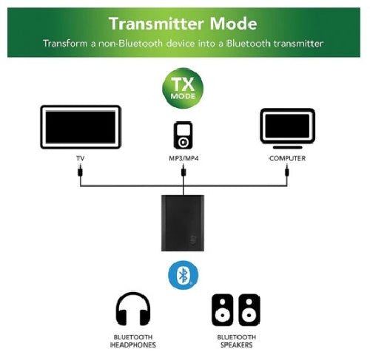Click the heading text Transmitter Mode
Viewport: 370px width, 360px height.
coord(183,24)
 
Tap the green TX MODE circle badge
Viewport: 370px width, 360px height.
coord(183,89)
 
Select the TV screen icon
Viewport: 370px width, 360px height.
coord(81,127)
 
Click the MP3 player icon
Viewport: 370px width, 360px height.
coord(183,135)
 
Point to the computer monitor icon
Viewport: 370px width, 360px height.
coord(288,129)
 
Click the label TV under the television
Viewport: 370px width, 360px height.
coord(81,158)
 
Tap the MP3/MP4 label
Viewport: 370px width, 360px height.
coord(184,158)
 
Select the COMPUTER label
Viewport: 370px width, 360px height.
coord(288,158)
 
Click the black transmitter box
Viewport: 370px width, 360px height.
coord(183,223)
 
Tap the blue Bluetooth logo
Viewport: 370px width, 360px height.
coord(183,275)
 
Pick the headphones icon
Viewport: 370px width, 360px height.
coord(133,309)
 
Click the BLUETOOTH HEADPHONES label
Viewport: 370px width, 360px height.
coord(133,341)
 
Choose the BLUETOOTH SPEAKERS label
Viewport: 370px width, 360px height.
coord(237,341)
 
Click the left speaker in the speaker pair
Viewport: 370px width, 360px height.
coord(223,310)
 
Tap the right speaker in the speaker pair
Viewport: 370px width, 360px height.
coord(249,310)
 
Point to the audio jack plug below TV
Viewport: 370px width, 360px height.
coord(80,170)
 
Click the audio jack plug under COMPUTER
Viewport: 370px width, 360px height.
coord(287,170)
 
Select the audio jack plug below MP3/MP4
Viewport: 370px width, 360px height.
coord(184,170)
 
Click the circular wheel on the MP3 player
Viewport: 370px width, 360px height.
coord(183,142)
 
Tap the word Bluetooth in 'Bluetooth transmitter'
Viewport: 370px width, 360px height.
coord(248,44)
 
